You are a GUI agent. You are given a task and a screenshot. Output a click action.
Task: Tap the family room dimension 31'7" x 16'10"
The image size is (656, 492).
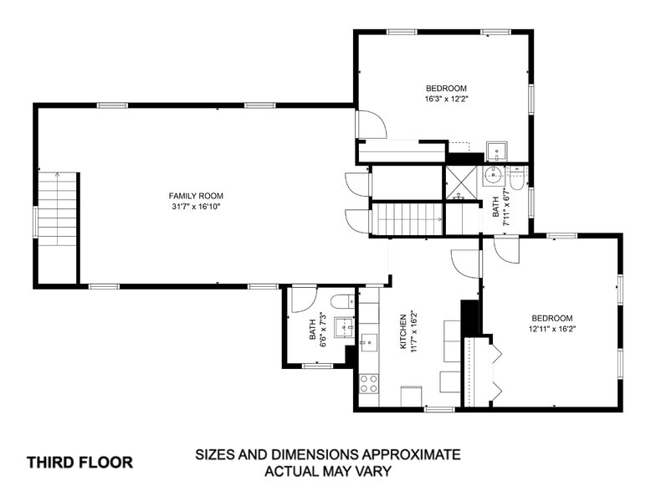click(197, 207)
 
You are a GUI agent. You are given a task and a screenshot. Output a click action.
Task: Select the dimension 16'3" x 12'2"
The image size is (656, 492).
click(446, 99)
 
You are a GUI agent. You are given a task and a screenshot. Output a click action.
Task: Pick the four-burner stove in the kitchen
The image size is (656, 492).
click(368, 383)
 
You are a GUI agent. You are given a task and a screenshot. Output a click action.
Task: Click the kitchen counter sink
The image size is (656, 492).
click(368, 341)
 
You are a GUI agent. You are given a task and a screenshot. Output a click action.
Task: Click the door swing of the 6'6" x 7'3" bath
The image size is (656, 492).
click(302, 299)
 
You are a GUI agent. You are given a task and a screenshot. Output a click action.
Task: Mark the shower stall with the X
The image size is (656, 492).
click(459, 182)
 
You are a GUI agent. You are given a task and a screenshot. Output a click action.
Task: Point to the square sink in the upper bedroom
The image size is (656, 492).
click(497, 151)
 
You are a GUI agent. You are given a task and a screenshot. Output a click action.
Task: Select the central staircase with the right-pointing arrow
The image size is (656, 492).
click(407, 219)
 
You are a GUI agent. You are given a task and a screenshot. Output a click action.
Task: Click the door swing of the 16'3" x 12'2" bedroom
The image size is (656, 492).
click(371, 125)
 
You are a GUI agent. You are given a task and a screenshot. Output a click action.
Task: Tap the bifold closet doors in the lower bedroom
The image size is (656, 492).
click(494, 371)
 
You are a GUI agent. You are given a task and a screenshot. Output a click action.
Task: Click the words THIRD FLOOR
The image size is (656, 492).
click(79, 462)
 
